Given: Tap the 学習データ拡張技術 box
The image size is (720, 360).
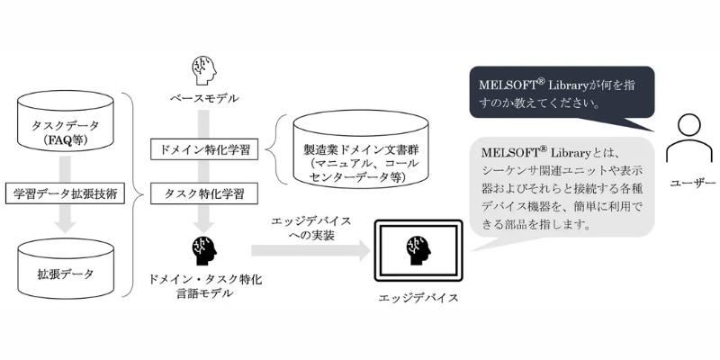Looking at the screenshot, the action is click(65, 193).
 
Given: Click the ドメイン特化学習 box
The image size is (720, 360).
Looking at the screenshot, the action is click(204, 150).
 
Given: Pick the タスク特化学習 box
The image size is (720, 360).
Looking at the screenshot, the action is click(204, 193).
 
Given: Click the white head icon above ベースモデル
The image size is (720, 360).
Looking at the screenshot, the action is click(203, 70).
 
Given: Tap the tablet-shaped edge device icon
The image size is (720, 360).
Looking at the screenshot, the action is click(418, 250).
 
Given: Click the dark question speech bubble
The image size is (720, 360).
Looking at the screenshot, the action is click(562, 97).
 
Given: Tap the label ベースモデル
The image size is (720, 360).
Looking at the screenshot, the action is click(204, 98).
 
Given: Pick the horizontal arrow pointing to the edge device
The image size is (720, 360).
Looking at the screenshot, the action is click(310, 250).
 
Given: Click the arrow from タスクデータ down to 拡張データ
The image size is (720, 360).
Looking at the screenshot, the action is click(65, 194).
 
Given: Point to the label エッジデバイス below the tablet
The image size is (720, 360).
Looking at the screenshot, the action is click(418, 298).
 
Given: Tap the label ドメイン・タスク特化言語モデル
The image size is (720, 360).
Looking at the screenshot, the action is click(204, 286).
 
